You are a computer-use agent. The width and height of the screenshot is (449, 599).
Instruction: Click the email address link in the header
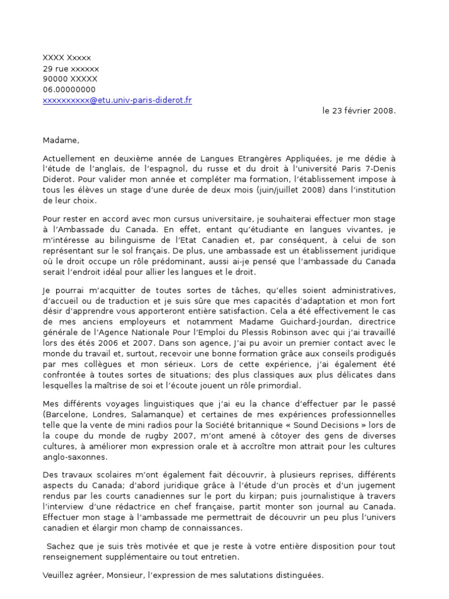pos(117,100)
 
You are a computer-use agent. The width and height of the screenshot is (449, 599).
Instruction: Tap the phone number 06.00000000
pos(69,89)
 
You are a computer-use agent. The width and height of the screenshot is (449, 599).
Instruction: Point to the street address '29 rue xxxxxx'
pos(71,68)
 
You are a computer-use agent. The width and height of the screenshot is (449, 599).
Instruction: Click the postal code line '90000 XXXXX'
pos(70,79)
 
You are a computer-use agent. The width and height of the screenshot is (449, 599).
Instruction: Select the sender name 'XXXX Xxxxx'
pos(67,57)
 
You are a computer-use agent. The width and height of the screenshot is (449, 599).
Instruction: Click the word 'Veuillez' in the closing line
pos(58,575)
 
